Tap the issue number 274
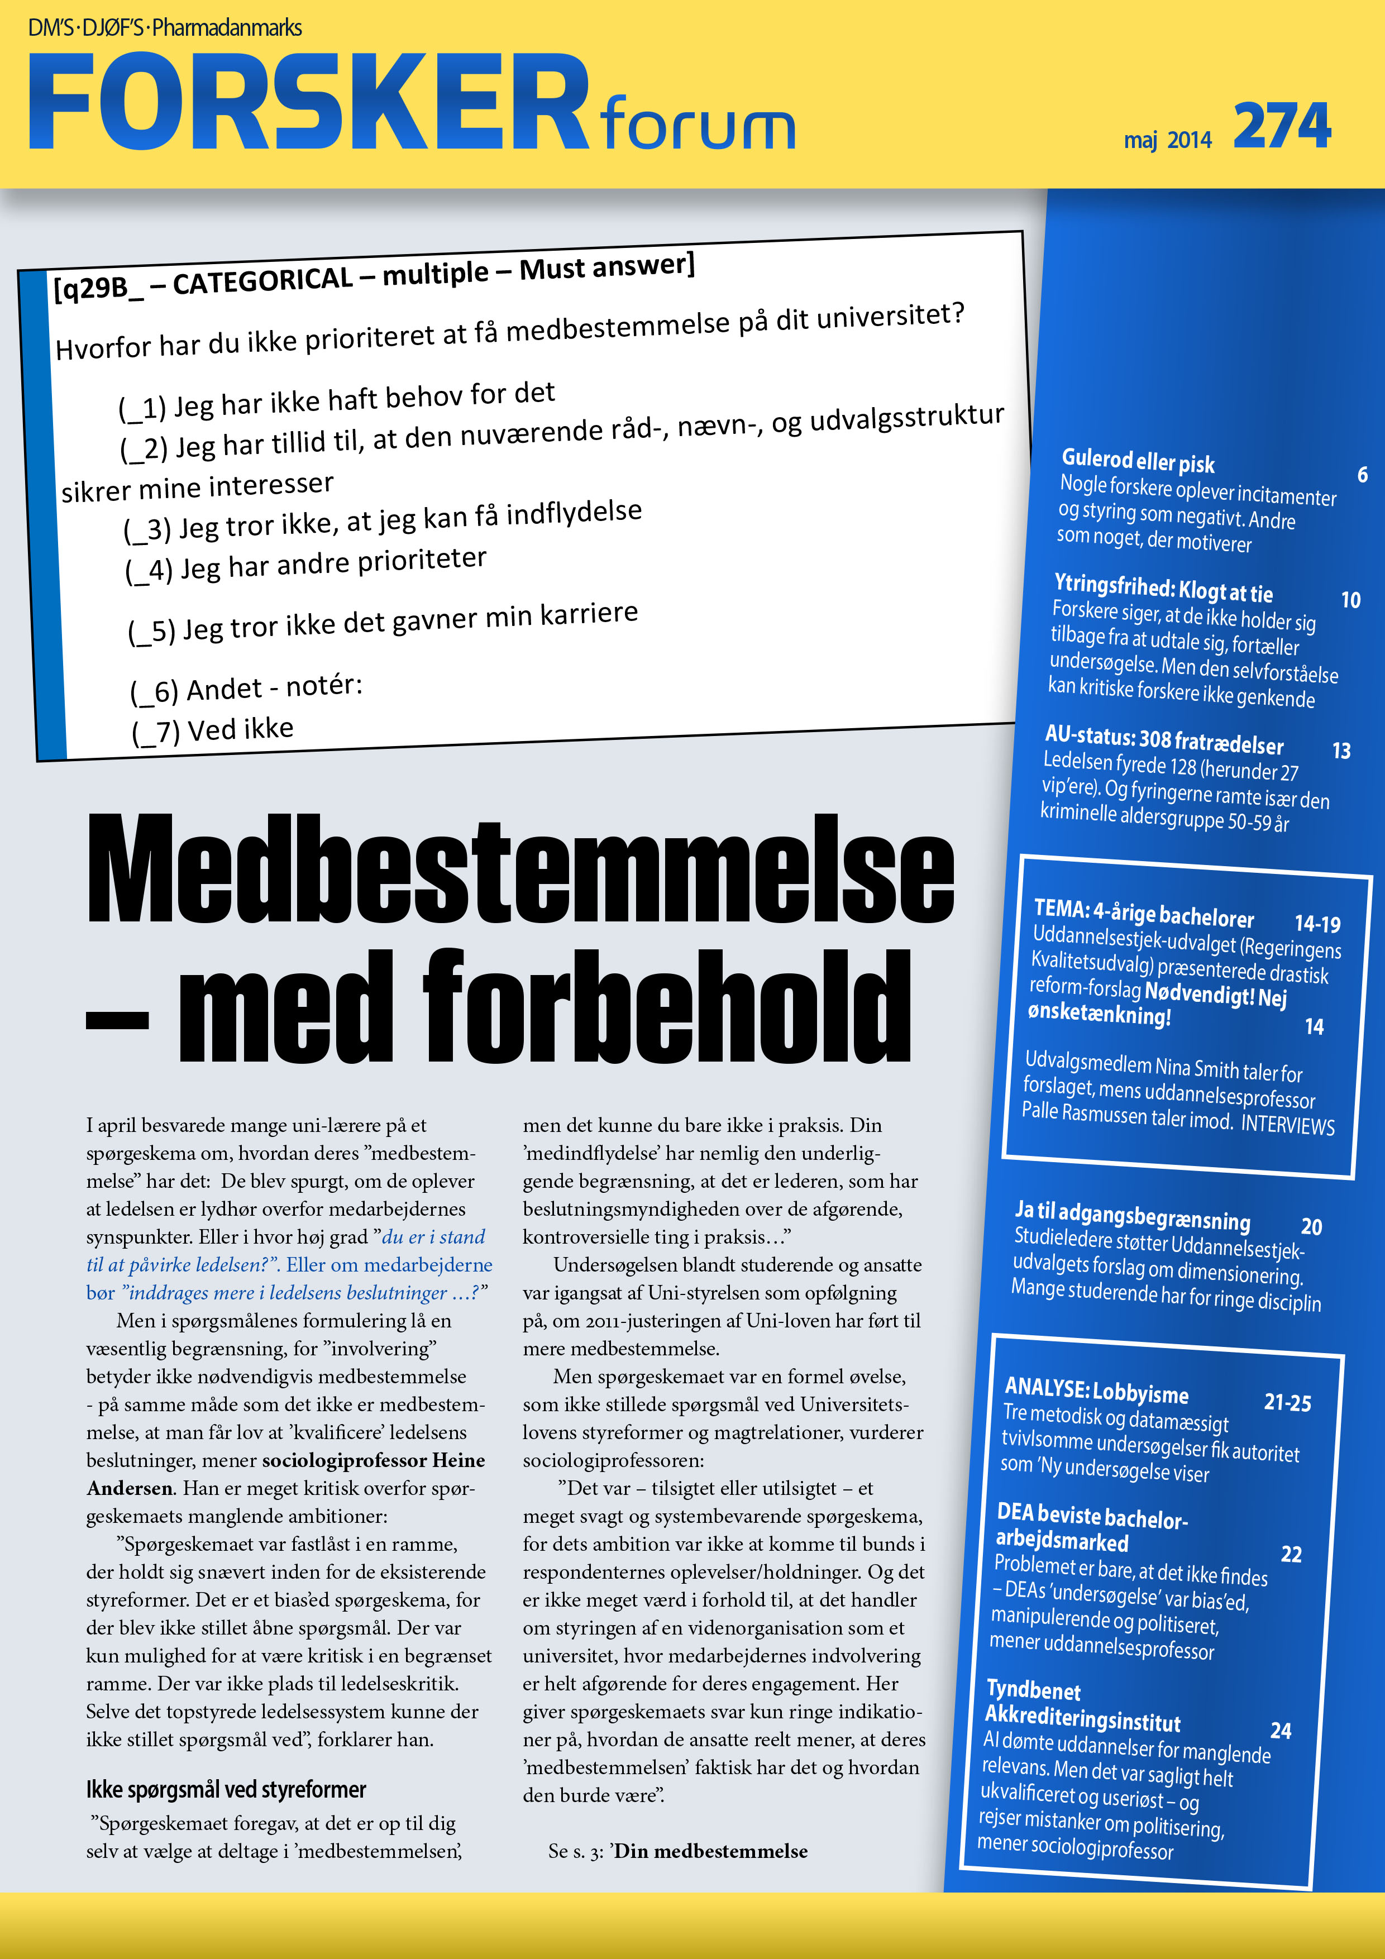[1281, 126]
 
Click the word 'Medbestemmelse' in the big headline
[520, 869]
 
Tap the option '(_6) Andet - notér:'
[247, 687]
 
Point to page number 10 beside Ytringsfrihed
[1350, 600]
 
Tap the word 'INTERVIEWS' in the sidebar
[1287, 1125]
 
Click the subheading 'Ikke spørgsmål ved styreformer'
[226, 1789]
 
